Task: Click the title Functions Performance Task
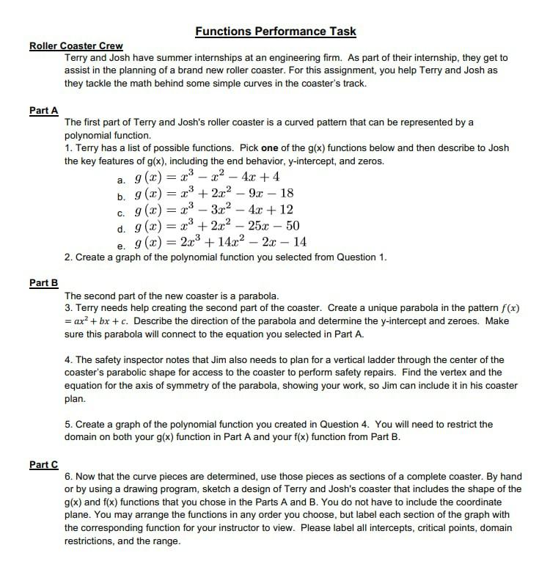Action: pos(275,31)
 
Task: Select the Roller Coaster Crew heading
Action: pos(76,46)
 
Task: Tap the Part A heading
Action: pos(44,110)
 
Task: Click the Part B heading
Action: pos(44,282)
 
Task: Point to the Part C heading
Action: pos(44,464)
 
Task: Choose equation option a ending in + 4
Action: pos(208,177)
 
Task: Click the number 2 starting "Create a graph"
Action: pos(67,257)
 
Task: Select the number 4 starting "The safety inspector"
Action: pos(67,359)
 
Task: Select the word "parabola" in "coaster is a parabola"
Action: pos(257,296)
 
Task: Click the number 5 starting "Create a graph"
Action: pos(67,424)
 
